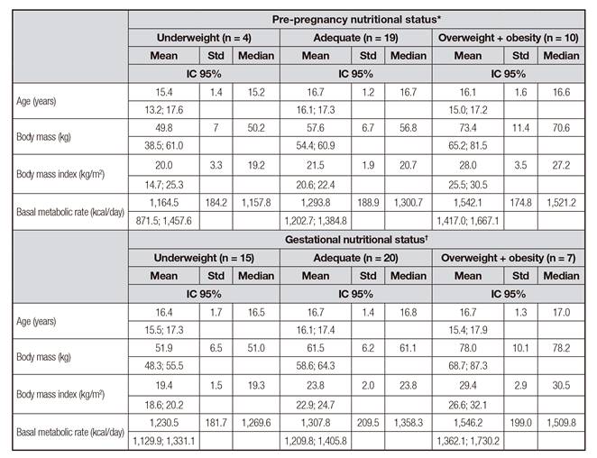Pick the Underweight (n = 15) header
[204, 258]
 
